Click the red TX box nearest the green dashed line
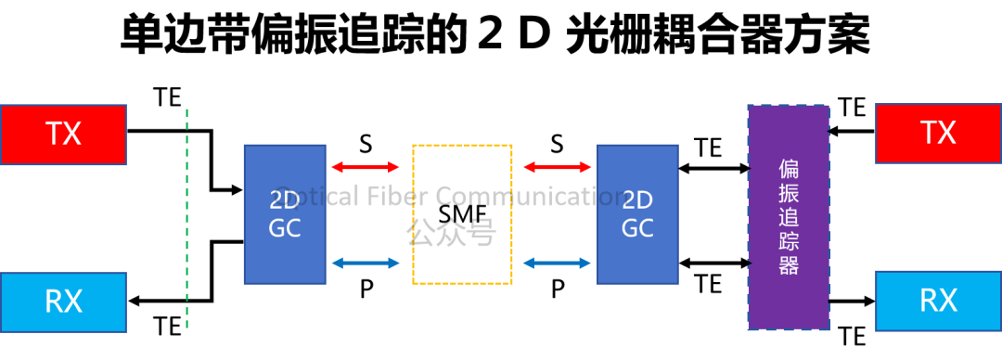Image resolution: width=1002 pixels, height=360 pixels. click(x=63, y=135)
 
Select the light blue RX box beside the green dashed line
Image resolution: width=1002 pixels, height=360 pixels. click(x=63, y=302)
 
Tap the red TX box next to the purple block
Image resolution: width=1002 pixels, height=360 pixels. click(x=938, y=134)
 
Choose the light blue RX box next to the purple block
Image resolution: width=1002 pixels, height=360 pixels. click(x=938, y=301)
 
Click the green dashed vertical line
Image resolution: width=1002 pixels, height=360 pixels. click(x=186, y=218)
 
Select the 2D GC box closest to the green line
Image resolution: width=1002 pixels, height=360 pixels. click(x=285, y=213)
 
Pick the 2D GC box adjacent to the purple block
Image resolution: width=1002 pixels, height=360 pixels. click(x=637, y=213)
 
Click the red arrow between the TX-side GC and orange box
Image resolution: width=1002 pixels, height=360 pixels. click(x=366, y=168)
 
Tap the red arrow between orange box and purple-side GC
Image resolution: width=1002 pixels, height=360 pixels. click(x=558, y=168)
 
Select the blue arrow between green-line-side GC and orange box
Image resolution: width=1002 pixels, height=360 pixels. click(x=366, y=264)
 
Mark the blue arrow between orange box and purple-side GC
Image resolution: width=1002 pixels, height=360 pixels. click(x=558, y=264)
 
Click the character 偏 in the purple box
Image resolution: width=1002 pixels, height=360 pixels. click(x=789, y=170)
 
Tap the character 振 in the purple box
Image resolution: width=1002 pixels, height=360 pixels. click(x=789, y=194)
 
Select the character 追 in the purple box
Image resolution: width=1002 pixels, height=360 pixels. click(x=789, y=218)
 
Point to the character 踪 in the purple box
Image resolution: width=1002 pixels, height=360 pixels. click(x=789, y=242)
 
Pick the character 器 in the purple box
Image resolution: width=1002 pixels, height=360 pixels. click(x=789, y=266)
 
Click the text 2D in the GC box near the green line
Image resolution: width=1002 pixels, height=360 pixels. click(x=285, y=200)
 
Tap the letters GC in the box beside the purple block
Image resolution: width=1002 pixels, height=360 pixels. click(x=637, y=228)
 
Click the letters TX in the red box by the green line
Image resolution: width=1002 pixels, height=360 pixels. click(x=63, y=135)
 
